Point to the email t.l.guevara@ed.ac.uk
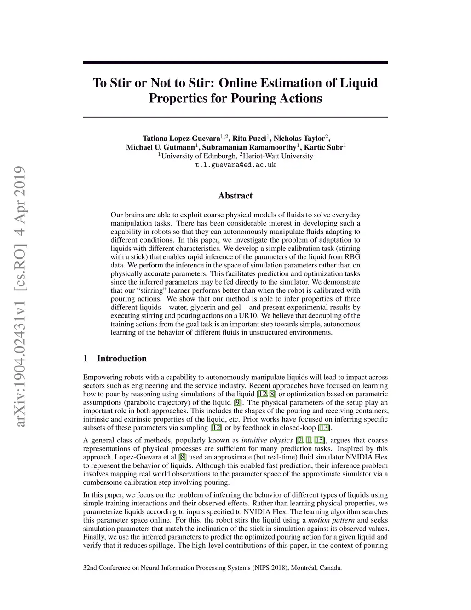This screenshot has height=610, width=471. tap(235, 165)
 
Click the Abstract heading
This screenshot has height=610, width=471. tap(235, 196)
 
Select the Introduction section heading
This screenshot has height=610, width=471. tap(121, 359)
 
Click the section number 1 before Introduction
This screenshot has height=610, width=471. tap(86, 359)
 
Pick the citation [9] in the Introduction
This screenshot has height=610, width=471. tap(237, 402)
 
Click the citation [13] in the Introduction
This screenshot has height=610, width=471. tap(324, 428)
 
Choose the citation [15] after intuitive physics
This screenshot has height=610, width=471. tap(320, 440)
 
